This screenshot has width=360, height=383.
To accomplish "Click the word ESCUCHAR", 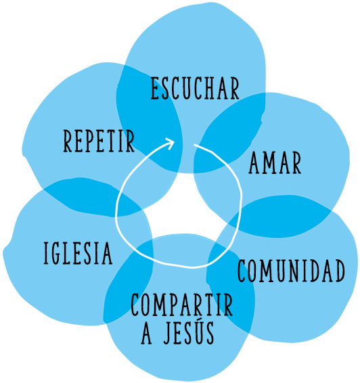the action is pos(195,88).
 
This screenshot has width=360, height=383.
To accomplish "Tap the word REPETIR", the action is pos(99,141).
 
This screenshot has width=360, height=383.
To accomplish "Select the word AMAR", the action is pos(275,162).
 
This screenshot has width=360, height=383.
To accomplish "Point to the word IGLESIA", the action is pos(78,253).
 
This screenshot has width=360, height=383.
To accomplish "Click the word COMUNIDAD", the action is pos(292,271).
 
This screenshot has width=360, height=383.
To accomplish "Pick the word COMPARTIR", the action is pos(182,305).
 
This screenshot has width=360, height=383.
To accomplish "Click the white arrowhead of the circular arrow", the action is pos(170,143).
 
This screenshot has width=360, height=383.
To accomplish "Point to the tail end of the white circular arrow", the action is pos(194,145).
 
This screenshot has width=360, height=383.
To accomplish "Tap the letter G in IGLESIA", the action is pos(55,253).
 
